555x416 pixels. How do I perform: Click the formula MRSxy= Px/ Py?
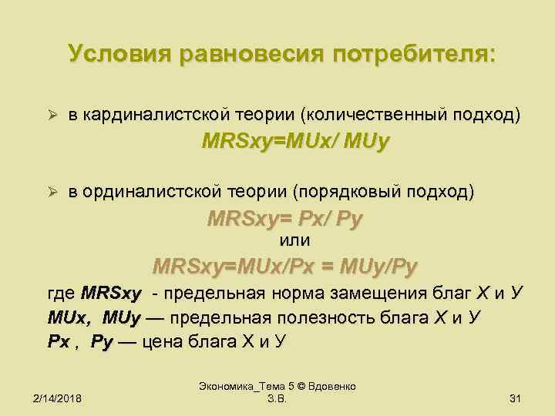tap(284, 219)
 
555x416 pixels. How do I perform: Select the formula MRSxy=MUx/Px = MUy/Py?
tap(285, 267)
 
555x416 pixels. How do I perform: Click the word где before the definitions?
tap(61, 294)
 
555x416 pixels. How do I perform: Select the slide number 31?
tap(516, 398)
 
